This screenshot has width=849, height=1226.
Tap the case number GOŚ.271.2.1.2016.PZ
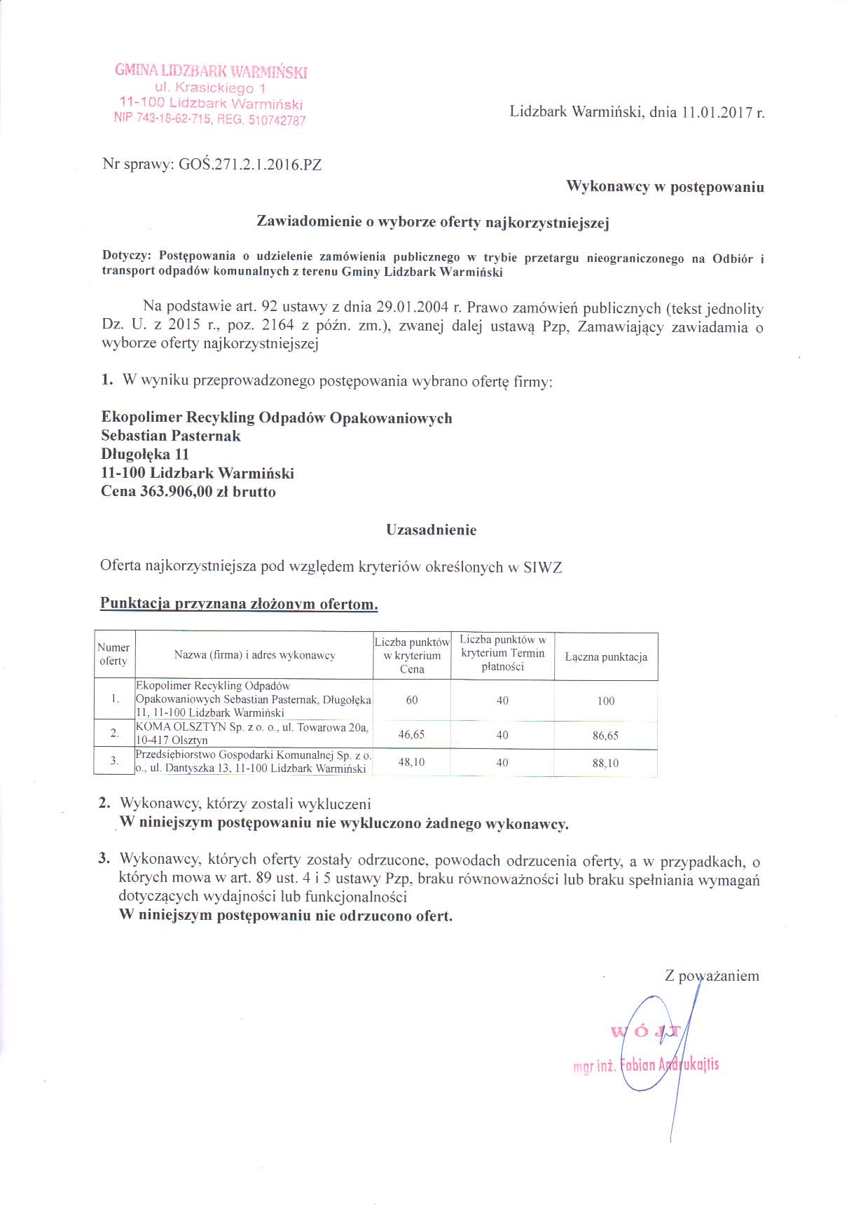250,165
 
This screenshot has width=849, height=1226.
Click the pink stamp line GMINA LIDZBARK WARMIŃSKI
211,71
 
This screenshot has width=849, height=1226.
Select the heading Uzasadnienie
431,530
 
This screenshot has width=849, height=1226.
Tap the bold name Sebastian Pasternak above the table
171,436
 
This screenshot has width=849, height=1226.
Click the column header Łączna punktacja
606,657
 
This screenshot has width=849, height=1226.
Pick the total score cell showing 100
606,701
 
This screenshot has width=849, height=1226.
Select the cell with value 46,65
411,734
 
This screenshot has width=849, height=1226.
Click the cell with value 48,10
411,762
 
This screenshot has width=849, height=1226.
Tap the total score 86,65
606,736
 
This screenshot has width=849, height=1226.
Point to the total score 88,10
606,763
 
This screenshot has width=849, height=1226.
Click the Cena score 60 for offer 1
411,700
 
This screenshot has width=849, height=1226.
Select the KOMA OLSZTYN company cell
252,733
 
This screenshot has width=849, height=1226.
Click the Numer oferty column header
113,654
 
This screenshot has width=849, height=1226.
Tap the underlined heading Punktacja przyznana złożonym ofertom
239,603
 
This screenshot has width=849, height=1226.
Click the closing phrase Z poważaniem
712,976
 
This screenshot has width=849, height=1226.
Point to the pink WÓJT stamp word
645,1031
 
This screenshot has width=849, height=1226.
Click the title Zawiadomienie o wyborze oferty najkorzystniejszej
433,223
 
